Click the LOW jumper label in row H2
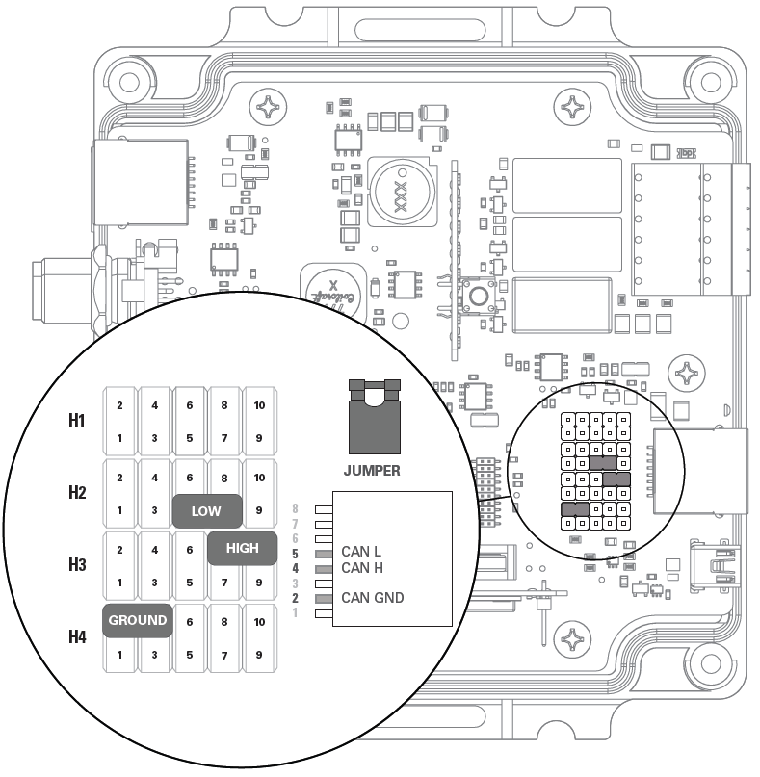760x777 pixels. (206, 511)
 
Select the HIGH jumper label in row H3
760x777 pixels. (242, 548)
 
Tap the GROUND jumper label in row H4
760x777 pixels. (137, 620)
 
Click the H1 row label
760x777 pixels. (77, 421)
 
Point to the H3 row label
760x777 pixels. (77, 564)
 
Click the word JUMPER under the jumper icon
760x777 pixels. (371, 471)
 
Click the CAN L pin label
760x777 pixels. (361, 552)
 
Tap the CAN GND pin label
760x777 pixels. (372, 598)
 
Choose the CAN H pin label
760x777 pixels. (362, 568)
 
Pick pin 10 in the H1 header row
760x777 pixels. (259, 405)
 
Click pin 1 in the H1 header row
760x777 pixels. (119, 438)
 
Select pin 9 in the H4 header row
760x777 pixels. (259, 655)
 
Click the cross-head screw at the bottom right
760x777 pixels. (574, 639)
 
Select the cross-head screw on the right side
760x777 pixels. (691, 372)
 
